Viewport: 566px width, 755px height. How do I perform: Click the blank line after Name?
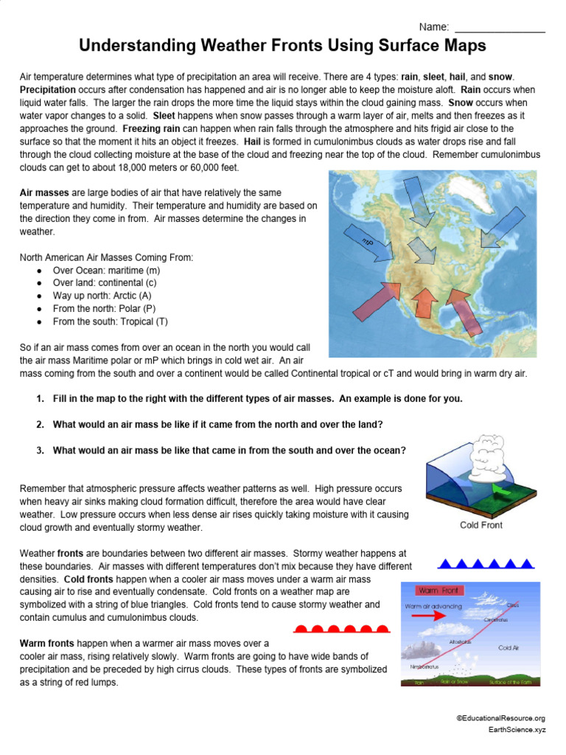500,29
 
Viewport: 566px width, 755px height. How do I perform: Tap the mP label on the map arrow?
368,243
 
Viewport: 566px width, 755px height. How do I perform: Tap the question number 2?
40,425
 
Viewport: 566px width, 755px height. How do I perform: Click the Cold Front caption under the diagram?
481,526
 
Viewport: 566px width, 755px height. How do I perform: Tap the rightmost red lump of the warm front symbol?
382,629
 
